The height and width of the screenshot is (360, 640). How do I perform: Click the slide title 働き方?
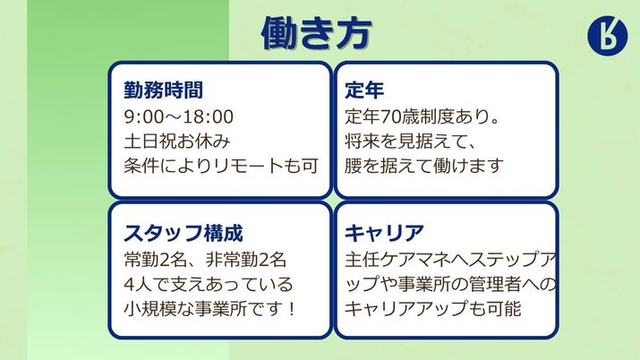[316, 33]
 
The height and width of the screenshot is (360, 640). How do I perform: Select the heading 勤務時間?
[163, 90]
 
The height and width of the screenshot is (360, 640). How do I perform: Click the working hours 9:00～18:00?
[179, 116]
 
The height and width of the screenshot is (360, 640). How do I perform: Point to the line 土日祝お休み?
[179, 141]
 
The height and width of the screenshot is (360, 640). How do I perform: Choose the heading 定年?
[365, 90]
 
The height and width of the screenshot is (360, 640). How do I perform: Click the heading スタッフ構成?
[183, 235]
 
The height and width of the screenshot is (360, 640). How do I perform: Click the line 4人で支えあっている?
[208, 285]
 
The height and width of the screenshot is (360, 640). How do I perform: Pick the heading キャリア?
[384, 235]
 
